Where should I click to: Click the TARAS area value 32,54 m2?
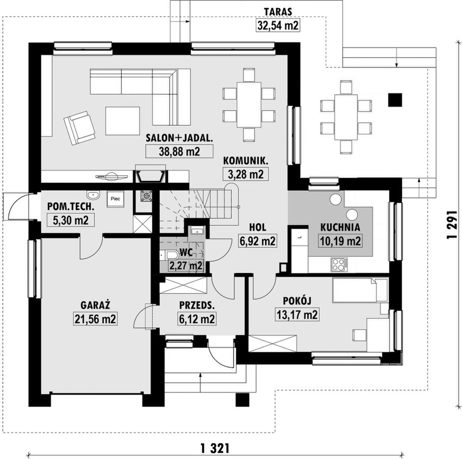[278, 25]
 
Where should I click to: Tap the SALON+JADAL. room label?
[179, 138]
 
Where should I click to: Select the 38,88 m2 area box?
[179, 151]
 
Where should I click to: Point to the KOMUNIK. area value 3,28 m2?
[246, 174]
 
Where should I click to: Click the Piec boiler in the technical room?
[115, 199]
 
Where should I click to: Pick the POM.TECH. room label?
[71, 207]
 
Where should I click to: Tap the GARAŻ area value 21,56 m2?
[95, 319]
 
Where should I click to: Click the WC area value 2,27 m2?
[186, 266]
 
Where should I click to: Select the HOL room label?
[257, 227]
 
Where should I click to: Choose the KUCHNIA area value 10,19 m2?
[340, 241]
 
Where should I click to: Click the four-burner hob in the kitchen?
[339, 264]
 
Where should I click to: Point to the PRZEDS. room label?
[197, 305]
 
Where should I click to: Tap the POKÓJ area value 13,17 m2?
[297, 315]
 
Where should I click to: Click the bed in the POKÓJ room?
[360, 290]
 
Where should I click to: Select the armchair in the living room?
[79, 128]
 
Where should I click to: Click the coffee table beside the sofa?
[123, 120]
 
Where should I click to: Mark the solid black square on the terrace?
[395, 100]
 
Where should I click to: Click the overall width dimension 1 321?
[215, 448]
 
